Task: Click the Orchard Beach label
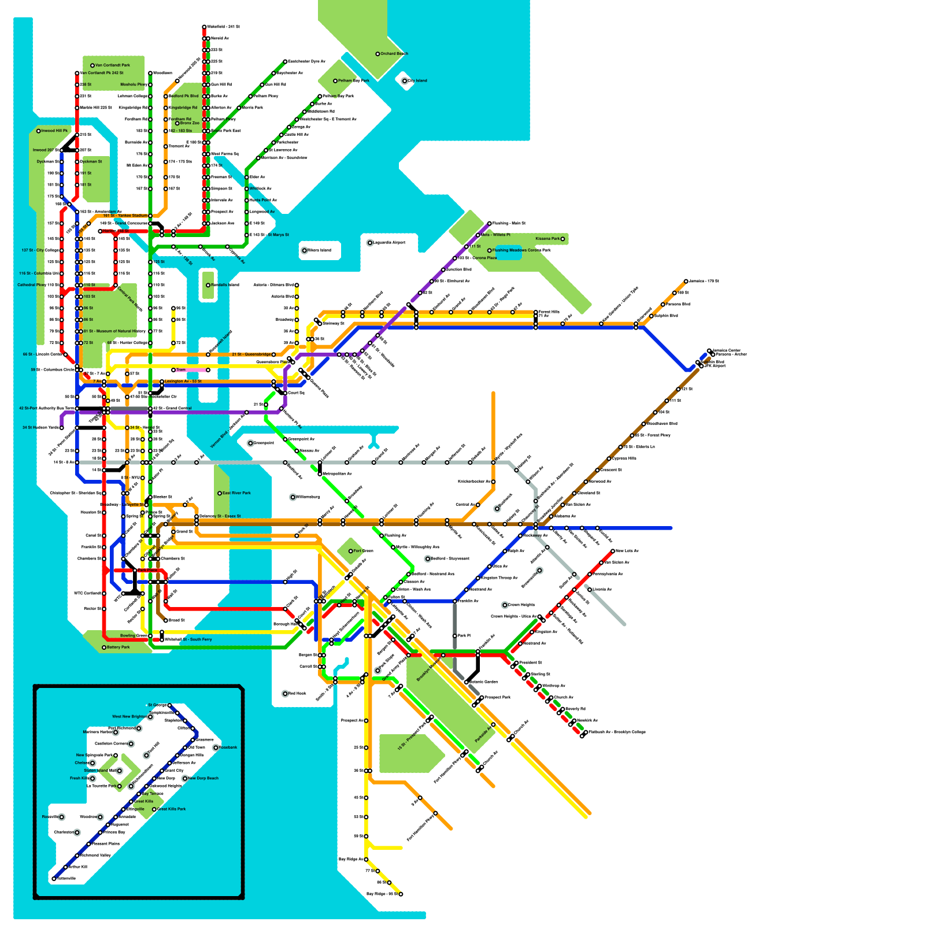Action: tap(394, 54)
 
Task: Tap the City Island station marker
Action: tap(405, 81)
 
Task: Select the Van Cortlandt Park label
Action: tap(113, 65)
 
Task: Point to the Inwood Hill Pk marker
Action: tap(39, 131)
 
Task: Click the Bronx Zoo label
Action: tap(190, 123)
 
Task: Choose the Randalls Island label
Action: tap(225, 285)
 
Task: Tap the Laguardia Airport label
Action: tap(389, 243)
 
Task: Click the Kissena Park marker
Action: tap(562, 239)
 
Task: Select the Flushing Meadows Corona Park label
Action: tap(521, 250)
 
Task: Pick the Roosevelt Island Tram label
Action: tap(181, 370)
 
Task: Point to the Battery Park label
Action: tap(119, 647)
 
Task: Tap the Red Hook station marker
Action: tap(285, 694)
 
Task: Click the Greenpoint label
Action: tap(264, 443)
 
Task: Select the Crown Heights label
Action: tap(521, 605)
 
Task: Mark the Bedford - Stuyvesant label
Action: tap(450, 559)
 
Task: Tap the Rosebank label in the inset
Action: tap(228, 748)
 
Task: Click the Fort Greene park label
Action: tap(363, 551)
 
